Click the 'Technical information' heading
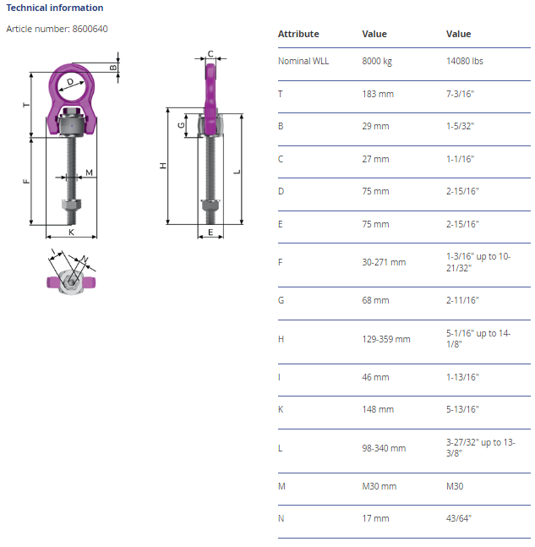coord(55,8)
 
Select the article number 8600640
coord(90,29)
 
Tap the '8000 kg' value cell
coord(377,61)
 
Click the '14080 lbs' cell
coord(464,61)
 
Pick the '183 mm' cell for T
coord(378,94)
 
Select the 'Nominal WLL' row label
coord(303,61)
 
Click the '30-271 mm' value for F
coord(384,262)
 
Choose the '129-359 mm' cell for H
coord(385,339)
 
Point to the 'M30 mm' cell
coord(379,486)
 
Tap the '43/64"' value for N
coord(459,518)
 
